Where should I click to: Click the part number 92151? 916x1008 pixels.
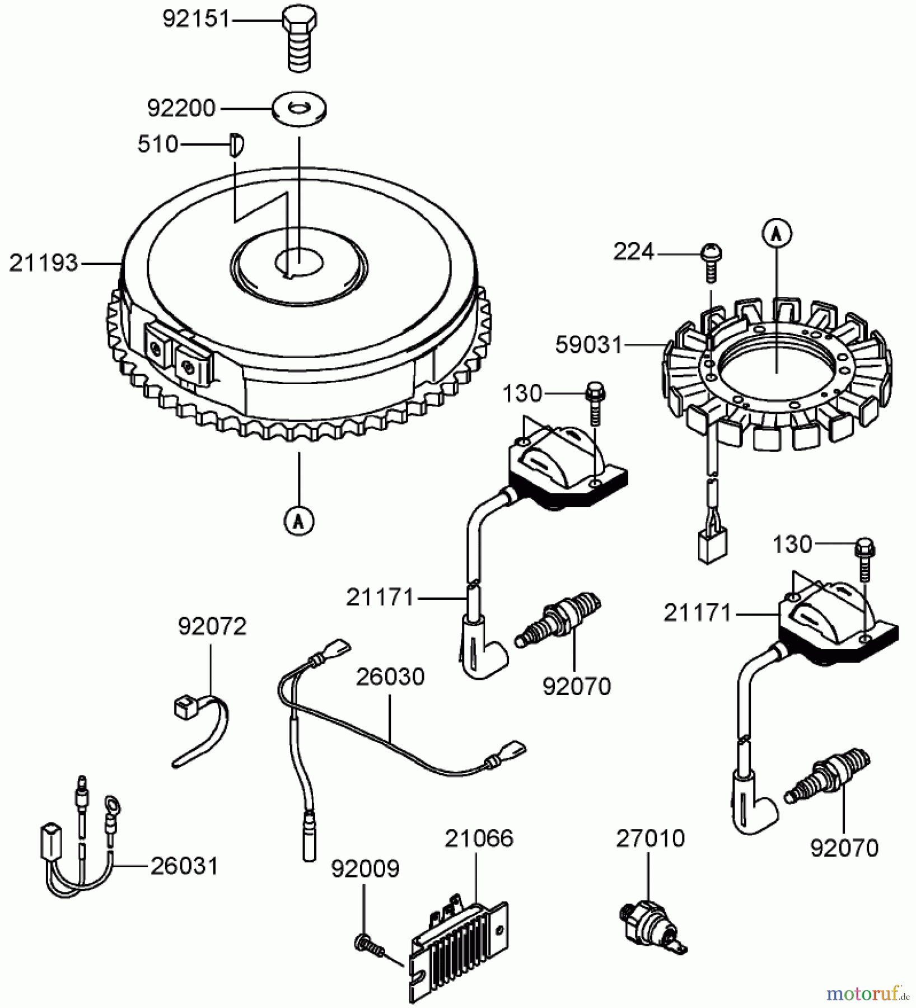coord(196,20)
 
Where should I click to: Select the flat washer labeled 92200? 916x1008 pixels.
coord(300,108)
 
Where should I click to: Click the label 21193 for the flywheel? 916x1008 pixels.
coord(43,263)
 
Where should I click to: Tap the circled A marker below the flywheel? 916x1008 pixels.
coord(299,521)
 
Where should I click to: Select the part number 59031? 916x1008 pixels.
coord(589,345)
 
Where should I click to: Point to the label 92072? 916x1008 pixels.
coord(212,627)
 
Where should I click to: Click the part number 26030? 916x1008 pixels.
coord(390,677)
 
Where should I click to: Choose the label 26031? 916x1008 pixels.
coord(184,866)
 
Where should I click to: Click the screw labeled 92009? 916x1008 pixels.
coord(370,945)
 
